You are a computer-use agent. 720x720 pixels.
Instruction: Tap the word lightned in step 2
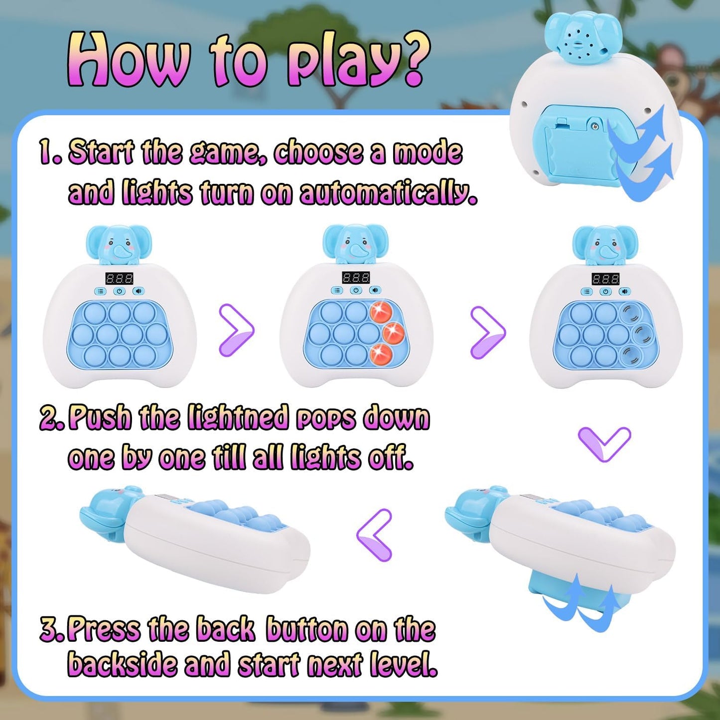point(238,417)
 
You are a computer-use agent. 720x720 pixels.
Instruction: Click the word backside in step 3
point(122,664)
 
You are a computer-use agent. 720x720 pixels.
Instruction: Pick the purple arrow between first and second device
point(236,330)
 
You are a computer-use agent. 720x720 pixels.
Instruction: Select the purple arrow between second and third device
point(488,332)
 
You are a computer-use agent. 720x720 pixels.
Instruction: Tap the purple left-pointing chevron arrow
point(375,535)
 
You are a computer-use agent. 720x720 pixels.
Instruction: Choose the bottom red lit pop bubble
point(381,354)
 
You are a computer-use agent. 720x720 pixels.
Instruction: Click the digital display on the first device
point(119,278)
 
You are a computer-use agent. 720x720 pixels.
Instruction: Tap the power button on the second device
point(356,290)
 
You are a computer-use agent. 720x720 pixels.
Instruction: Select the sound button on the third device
point(624,291)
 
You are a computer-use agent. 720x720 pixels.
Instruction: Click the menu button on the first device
point(101,291)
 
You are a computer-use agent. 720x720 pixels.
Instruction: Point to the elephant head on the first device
point(119,244)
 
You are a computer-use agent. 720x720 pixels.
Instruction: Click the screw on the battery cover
point(594,126)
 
